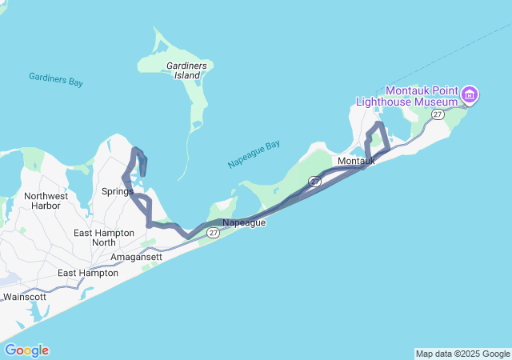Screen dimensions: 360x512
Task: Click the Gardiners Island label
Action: tap(186, 70)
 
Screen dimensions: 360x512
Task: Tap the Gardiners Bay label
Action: tap(56, 80)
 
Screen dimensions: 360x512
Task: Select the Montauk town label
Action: tap(356, 162)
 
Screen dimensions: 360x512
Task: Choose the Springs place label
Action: tap(117, 191)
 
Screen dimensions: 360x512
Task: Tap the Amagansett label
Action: tap(136, 257)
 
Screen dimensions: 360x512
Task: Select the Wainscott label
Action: tap(25, 297)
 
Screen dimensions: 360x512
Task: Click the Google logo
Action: tap(26, 350)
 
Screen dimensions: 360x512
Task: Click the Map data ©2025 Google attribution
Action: tap(462, 354)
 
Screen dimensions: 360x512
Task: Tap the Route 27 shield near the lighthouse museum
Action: tap(438, 115)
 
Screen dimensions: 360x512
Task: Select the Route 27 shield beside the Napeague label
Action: tap(212, 233)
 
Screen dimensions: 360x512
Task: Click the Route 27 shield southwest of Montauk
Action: tap(315, 182)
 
